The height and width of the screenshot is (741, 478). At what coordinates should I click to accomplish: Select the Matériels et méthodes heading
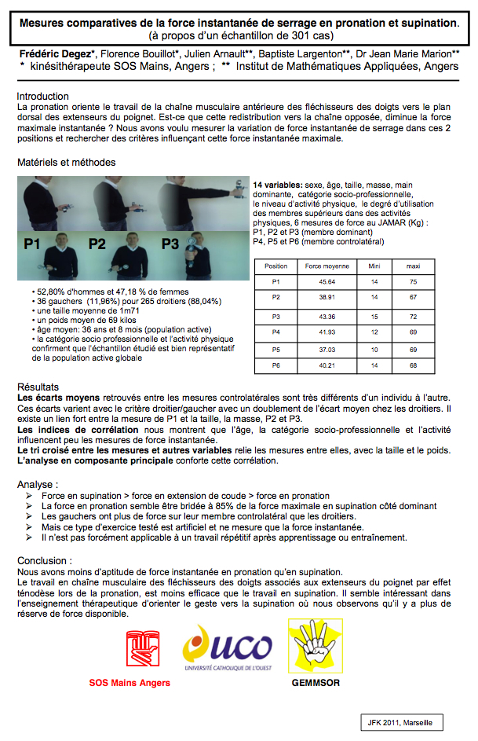(66, 163)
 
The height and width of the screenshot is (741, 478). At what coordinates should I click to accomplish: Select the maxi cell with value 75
(413, 281)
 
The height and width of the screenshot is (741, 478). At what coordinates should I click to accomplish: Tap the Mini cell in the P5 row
(374, 349)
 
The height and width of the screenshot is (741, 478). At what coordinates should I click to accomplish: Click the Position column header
(276, 266)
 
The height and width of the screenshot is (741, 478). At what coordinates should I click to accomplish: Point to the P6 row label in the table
(276, 366)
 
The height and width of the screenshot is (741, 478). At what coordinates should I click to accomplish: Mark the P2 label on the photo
(96, 244)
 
